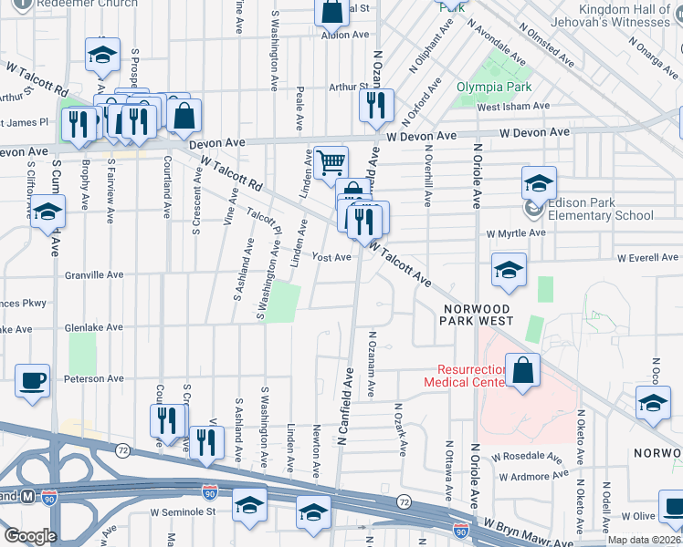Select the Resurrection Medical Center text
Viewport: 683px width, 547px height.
pos(466,376)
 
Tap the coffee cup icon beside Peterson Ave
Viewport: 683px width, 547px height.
pos(34,379)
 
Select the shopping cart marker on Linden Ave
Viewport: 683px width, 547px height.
pos(331,163)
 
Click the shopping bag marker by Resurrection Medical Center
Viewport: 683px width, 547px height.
pos(521,371)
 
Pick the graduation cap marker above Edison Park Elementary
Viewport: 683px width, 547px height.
pos(539,182)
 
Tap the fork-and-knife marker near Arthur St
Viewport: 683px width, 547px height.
pos(375,106)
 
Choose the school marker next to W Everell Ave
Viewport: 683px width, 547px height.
pos(509,269)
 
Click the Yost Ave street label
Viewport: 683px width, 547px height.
pos(331,258)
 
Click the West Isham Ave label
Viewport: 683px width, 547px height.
pos(513,107)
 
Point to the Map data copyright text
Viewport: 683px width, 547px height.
pos(644,539)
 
